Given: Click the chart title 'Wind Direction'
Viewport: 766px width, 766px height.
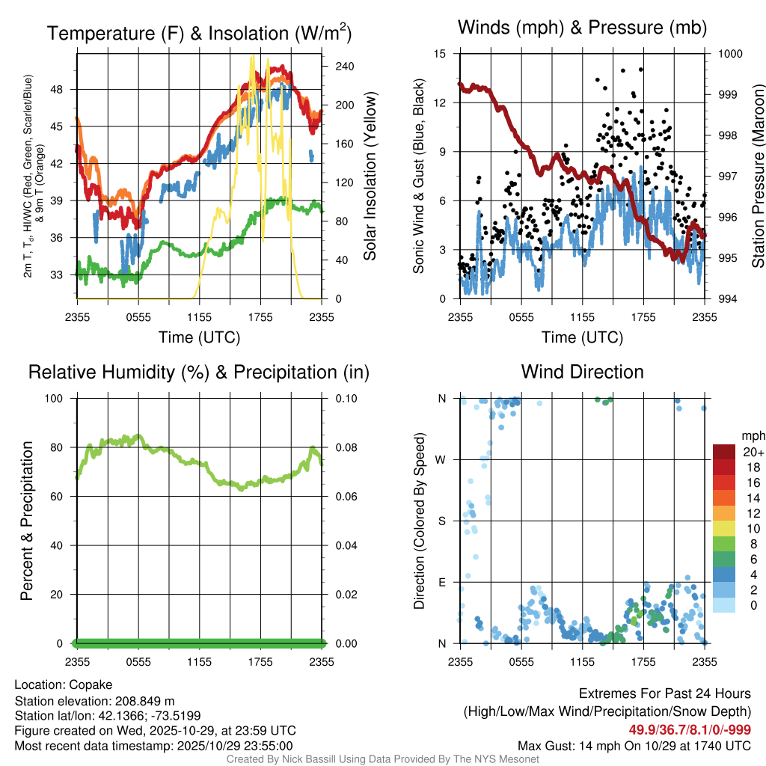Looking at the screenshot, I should point(582,372).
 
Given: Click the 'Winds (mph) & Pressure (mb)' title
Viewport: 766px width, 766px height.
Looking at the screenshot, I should point(582,28).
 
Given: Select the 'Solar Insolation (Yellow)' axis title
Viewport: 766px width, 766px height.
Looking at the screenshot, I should point(370,177).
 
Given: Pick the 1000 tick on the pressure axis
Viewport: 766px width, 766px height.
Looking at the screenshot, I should point(729,54).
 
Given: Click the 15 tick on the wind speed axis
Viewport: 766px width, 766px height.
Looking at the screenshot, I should point(441,54).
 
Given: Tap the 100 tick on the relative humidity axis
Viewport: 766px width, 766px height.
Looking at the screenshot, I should point(59,399).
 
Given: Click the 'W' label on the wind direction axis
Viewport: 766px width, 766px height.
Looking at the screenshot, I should point(442,460).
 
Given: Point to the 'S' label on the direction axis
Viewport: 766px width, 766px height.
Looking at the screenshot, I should point(442,521).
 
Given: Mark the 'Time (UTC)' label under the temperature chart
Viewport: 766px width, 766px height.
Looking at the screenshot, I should point(199,337).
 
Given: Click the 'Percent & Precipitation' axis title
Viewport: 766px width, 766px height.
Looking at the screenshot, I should point(27,521).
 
